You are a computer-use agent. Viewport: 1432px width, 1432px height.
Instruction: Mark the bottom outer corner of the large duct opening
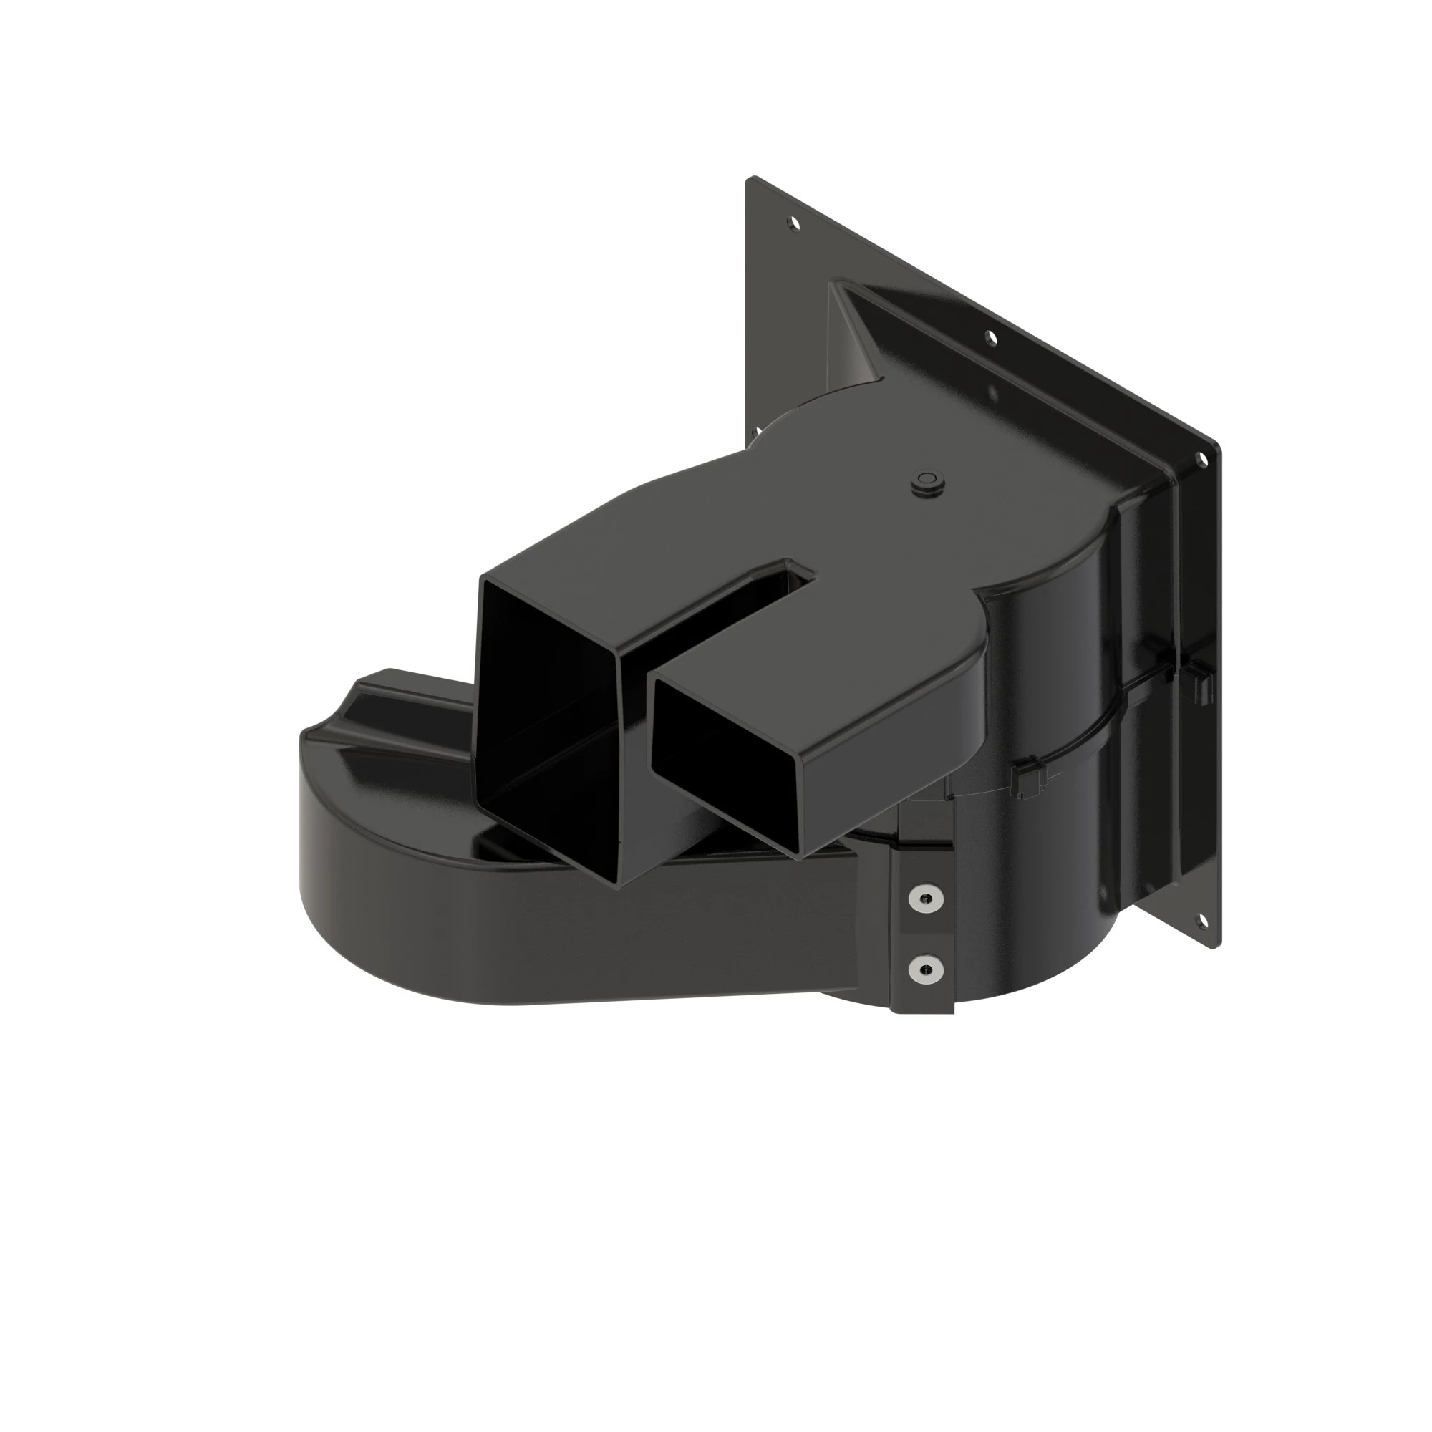coord(616,882)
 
